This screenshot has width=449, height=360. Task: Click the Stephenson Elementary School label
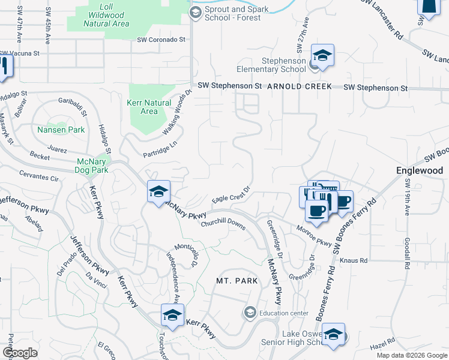coord(283,65)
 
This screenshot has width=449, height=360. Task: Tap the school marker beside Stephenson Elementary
coord(322,56)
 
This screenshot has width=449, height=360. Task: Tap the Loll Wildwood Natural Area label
coord(106,19)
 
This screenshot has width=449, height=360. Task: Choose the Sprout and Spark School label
coord(232,14)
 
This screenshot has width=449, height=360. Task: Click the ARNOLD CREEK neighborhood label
coord(299,87)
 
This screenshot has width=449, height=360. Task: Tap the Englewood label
coord(420,170)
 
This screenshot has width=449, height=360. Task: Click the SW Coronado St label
coord(161,40)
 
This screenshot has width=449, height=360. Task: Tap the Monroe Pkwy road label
coord(314,236)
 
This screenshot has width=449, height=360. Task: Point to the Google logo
coord(20,353)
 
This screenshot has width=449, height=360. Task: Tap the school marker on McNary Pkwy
coord(158,191)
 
